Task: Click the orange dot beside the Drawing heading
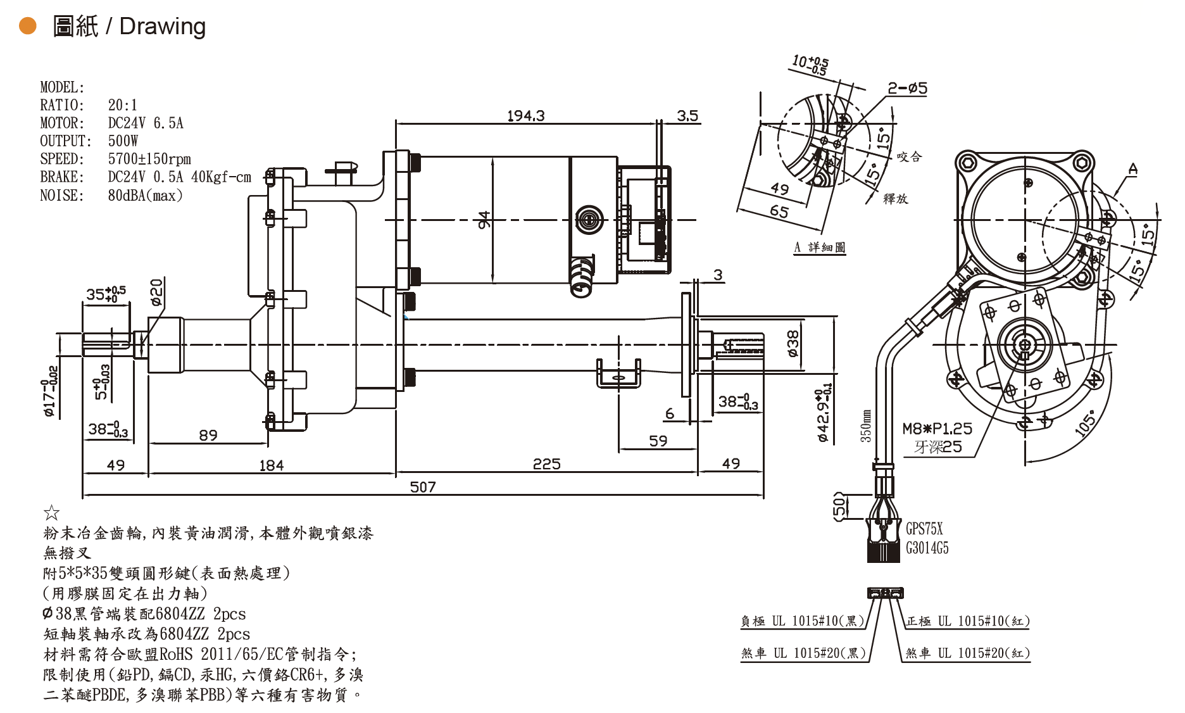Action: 28,26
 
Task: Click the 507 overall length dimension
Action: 423,487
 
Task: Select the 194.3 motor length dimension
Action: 525,116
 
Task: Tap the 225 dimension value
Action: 546,464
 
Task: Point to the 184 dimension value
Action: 271,465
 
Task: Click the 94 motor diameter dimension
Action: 484,220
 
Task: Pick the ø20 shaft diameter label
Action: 156,293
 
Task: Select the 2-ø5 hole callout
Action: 907,88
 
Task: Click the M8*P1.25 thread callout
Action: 937,429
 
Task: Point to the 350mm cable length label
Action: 865,425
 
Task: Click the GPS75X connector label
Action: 924,529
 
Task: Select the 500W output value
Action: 123,141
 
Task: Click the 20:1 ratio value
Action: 122,104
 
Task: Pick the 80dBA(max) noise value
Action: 145,195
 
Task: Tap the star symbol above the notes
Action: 51,512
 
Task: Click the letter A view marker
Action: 1133,168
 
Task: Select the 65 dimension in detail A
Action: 779,211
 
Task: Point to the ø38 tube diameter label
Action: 793,344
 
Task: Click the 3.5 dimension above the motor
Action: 687,116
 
